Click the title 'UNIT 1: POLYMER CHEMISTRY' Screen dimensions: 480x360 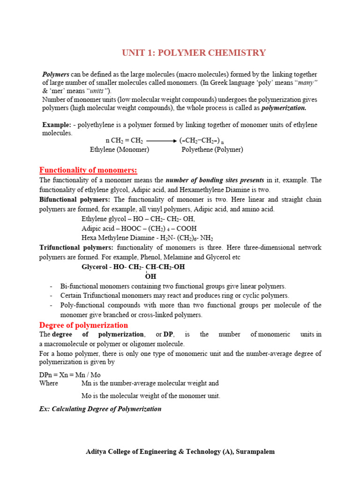[194, 53]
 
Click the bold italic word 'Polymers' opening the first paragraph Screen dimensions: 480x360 [56, 75]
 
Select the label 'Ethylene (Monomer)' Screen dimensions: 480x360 [120, 150]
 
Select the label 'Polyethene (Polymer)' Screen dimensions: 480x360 [212, 150]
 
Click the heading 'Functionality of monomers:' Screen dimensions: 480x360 [88, 170]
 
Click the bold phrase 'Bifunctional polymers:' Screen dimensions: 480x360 [73, 199]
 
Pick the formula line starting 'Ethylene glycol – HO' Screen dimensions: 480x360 [138, 219]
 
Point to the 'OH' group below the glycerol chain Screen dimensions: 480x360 [150, 277]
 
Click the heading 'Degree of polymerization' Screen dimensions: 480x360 [83, 325]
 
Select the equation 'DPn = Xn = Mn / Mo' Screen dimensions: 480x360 [70, 375]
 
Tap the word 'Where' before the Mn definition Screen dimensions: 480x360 [49, 383]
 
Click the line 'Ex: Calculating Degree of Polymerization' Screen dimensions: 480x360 [100, 409]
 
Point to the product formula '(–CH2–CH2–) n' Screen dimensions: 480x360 [202, 140]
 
